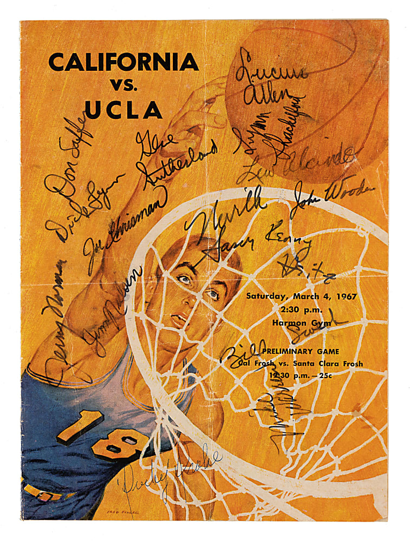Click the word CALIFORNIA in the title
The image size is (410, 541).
[x=123, y=63]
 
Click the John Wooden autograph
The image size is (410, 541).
[x=333, y=196]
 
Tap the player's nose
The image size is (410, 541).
[x=196, y=298]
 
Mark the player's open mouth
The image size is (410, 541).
[x=178, y=319]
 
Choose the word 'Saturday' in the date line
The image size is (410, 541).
[x=265, y=296]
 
